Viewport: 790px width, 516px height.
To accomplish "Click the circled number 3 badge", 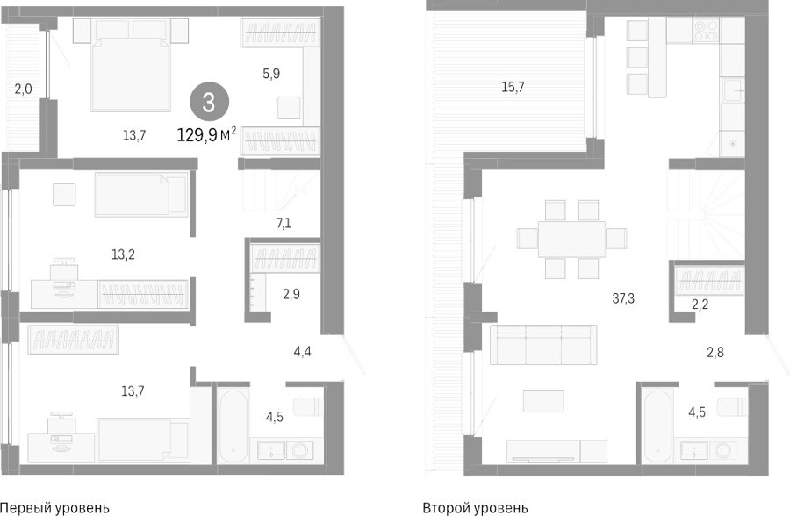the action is [209, 103].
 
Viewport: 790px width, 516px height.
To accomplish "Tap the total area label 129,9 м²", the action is [206, 134].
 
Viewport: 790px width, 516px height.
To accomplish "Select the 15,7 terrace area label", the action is [513, 87].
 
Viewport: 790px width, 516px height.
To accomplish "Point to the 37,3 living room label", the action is [623, 298].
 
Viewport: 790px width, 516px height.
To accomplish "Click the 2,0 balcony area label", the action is [23, 90].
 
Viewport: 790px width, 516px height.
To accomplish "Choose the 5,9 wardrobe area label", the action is [271, 74].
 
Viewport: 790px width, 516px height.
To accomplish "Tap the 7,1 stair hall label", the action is [284, 222].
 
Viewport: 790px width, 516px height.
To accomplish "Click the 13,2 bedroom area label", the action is [123, 254].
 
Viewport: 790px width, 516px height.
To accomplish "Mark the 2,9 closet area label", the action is [291, 294].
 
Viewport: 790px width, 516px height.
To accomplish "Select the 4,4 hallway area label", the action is [302, 351].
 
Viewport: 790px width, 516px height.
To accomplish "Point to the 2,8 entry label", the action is [715, 352].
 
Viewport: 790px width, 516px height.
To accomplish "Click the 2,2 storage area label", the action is [700, 304].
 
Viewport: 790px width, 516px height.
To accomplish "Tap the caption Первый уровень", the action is [54, 507].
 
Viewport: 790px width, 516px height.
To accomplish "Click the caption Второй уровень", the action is [475, 507].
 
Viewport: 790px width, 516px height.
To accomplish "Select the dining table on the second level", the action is [571, 239].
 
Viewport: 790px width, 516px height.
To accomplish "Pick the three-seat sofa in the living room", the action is [543, 345].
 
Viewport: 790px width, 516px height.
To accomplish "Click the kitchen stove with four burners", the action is [706, 30].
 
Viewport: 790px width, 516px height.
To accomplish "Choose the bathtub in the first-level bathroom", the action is [232, 426].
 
